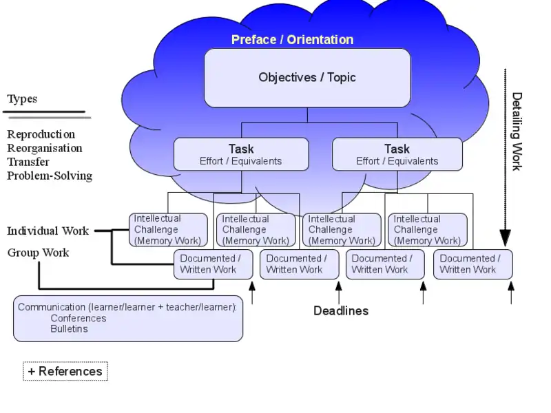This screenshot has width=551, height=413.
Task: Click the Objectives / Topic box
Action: [x=307, y=78]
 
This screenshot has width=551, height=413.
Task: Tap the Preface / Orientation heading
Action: [x=292, y=39]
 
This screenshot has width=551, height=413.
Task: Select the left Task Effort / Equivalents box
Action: [x=241, y=154]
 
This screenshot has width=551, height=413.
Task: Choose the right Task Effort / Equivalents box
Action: [x=397, y=154]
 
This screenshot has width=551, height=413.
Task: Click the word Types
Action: [x=22, y=98]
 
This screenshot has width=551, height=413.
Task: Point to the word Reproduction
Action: [x=41, y=134]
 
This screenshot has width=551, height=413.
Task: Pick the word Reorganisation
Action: [x=44, y=148]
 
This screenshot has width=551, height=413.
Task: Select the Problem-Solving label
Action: [x=49, y=176]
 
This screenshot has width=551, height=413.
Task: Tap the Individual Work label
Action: [x=48, y=231]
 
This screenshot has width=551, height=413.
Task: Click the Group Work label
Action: [x=38, y=253]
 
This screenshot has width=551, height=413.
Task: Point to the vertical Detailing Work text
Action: [x=517, y=131]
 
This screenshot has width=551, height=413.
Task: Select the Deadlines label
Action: [x=341, y=310]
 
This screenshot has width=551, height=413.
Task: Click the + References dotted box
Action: [x=65, y=372]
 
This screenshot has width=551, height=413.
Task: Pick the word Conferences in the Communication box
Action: [x=78, y=318]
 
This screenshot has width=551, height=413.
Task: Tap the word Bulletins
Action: [x=69, y=328]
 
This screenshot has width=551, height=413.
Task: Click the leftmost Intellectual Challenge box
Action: [x=168, y=230]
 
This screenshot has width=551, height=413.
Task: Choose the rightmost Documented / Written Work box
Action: [x=472, y=264]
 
